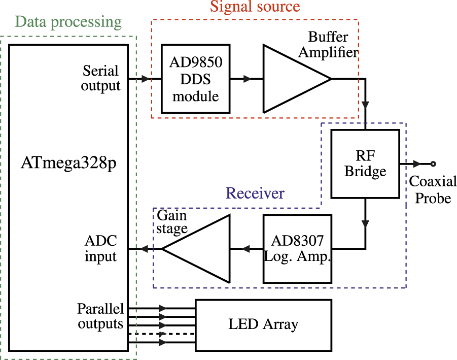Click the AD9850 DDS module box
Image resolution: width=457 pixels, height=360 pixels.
(x=195, y=79)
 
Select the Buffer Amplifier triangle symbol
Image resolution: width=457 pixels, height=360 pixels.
(x=289, y=79)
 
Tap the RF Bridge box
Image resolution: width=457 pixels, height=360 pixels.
(x=365, y=164)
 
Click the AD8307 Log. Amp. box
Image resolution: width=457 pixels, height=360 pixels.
(x=297, y=249)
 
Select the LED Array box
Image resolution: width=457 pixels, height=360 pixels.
(x=263, y=325)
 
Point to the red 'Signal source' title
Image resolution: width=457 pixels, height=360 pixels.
(x=255, y=7)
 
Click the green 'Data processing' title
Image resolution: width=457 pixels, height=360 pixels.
(x=68, y=22)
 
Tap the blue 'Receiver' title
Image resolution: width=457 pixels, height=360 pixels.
(x=255, y=193)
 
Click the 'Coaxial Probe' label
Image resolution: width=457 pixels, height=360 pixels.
(x=433, y=189)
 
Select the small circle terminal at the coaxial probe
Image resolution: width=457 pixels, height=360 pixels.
(x=433, y=164)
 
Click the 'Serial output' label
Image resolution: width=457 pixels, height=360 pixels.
(x=100, y=78)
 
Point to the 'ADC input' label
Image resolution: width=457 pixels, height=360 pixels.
(x=100, y=249)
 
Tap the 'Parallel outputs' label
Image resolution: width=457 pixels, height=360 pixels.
(x=100, y=316)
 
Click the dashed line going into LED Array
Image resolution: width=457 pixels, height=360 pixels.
(x=178, y=334)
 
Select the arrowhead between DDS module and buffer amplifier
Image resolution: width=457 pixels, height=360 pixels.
(x=247, y=79)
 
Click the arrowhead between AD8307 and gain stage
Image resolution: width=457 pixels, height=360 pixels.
(x=247, y=249)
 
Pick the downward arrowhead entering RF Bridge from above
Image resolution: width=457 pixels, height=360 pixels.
(x=365, y=105)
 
